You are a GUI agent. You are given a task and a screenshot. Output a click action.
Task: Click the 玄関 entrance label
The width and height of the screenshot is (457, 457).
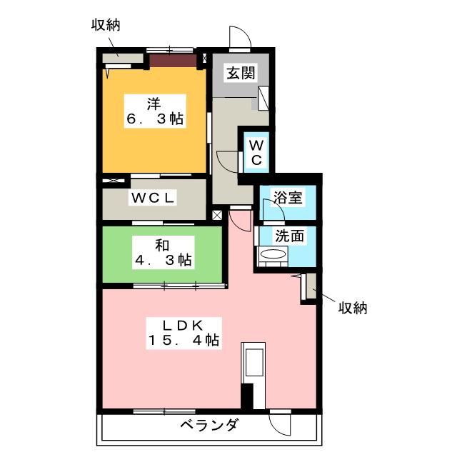coord(238,72)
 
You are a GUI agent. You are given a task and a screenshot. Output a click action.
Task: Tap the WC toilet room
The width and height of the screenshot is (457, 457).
coord(256,151)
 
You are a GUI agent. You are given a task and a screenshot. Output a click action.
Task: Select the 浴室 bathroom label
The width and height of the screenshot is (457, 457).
coord(289,197)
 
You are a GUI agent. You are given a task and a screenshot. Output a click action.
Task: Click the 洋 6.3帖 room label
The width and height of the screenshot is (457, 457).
coord(155,111)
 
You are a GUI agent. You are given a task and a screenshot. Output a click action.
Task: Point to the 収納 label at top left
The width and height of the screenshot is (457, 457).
coord(105,25)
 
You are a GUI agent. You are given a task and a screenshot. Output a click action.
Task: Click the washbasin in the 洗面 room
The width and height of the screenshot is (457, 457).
coord(272,255)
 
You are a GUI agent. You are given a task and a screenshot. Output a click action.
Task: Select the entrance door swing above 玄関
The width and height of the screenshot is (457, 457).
coord(239,38)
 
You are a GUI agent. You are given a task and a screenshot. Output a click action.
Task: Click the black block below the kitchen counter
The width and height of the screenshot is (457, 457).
coord(247,396)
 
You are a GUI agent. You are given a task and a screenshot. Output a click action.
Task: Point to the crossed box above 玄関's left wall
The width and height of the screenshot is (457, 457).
coord(206,59)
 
